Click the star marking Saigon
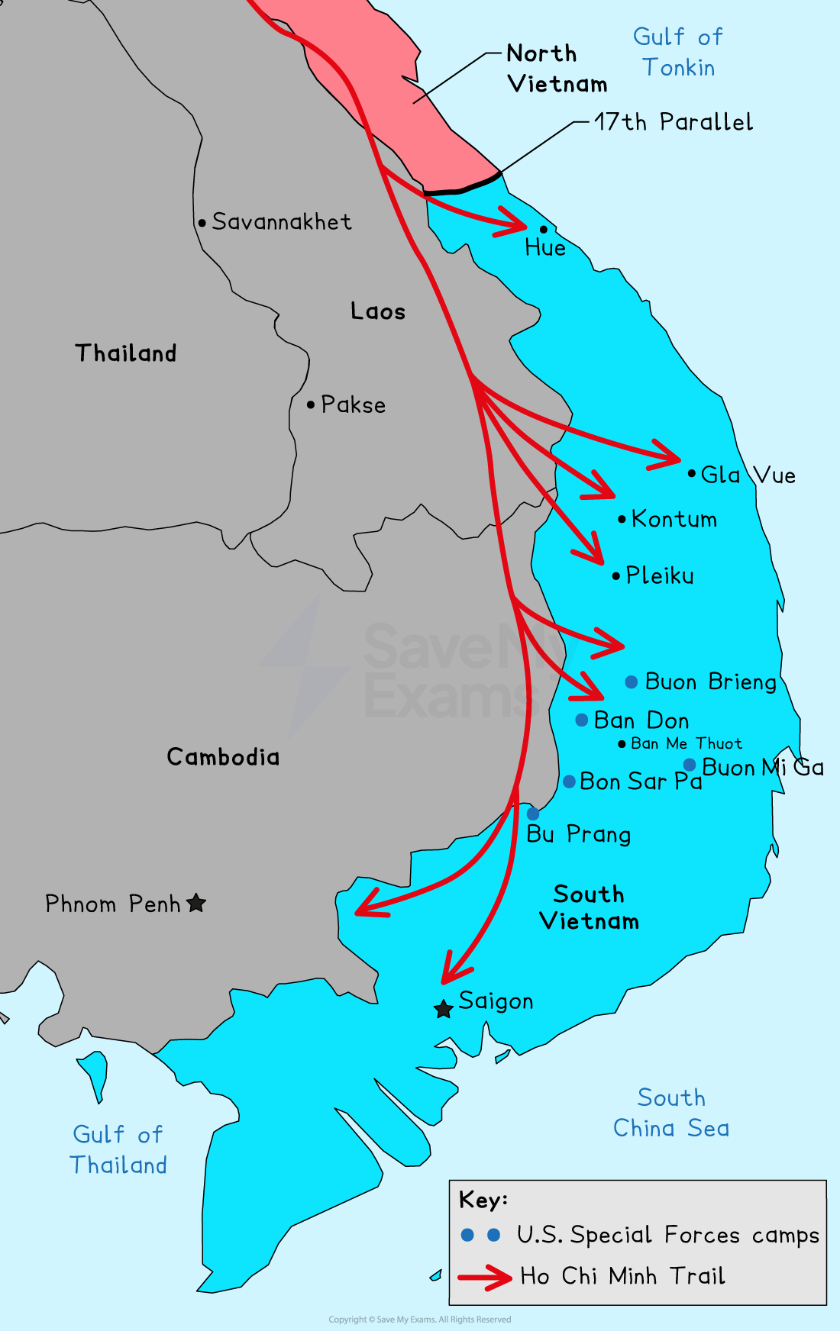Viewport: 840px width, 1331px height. [x=443, y=1009]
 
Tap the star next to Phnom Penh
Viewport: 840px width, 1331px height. [x=196, y=903]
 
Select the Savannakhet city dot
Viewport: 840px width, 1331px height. [x=202, y=224]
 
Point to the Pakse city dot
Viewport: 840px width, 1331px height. [x=311, y=404]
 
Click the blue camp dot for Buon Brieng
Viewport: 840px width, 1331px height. [x=632, y=682]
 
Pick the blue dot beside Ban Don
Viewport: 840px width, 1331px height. [x=582, y=720]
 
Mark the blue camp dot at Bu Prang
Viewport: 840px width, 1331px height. [x=533, y=814]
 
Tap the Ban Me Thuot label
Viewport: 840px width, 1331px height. [x=686, y=743]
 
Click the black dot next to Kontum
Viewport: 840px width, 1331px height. [x=622, y=519]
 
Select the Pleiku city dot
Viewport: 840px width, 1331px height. [x=616, y=576]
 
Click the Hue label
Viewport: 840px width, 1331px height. [x=545, y=248]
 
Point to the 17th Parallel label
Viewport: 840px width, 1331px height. [x=674, y=122]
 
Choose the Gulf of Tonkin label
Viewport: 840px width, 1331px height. [x=678, y=52]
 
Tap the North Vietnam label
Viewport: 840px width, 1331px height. [x=557, y=69]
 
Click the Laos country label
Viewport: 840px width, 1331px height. [x=378, y=311]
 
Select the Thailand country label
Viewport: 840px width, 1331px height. [x=126, y=353]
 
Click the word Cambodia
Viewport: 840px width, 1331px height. [x=223, y=757]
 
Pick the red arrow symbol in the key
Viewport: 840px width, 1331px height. [x=486, y=1277]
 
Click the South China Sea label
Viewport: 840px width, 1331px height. [x=671, y=1113]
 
